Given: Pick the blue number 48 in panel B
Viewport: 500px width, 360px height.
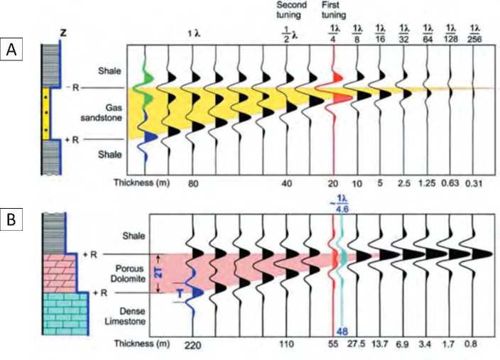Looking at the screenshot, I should coord(342,332).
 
